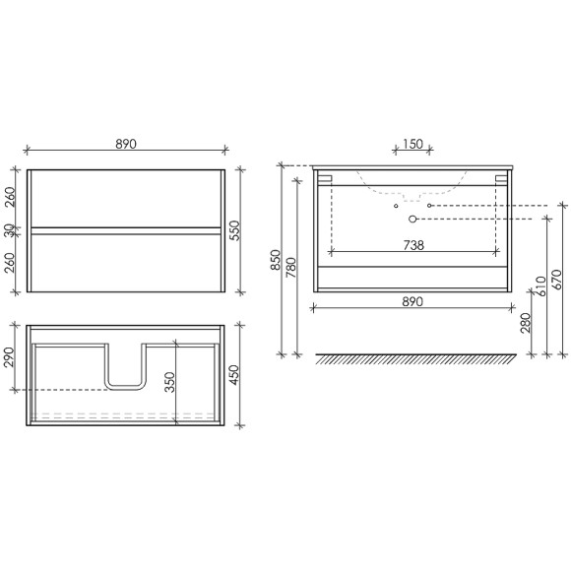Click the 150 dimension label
click(412, 144)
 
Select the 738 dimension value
click(413, 245)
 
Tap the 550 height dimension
click(235, 230)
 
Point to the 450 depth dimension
click(234, 375)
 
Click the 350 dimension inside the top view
click(170, 382)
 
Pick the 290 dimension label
click(9, 357)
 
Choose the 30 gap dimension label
click(9, 230)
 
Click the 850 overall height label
click(276, 260)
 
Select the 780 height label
click(291, 268)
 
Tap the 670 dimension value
click(557, 280)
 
